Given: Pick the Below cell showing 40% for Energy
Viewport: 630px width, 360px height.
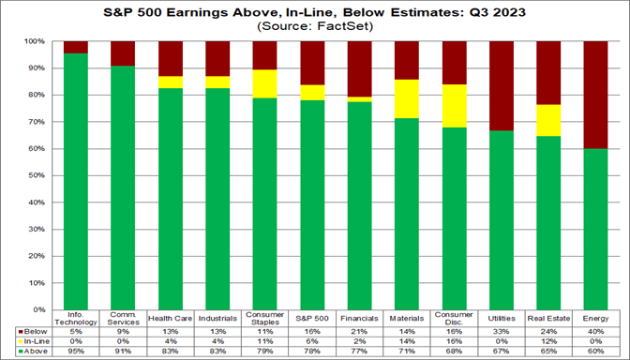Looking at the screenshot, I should point(593,331).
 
